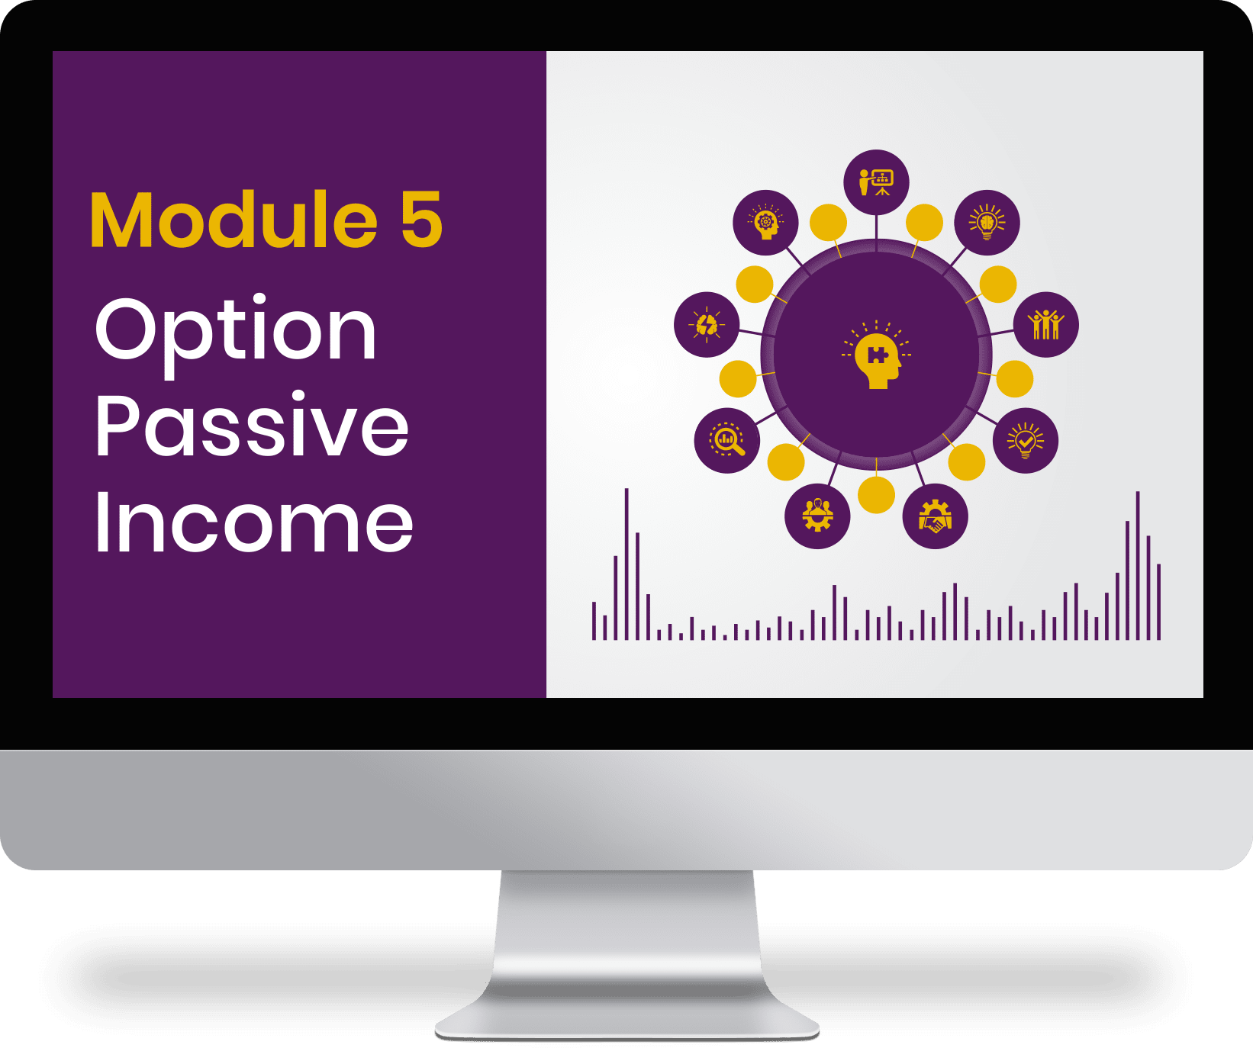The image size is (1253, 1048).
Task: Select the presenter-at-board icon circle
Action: (x=876, y=182)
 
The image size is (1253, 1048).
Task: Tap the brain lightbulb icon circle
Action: (x=987, y=223)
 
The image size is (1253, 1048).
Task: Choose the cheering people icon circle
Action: (x=1045, y=324)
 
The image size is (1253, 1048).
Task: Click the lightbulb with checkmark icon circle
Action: (x=1026, y=440)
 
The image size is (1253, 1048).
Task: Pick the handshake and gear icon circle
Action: (x=935, y=516)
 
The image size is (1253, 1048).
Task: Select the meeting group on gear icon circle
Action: (x=817, y=516)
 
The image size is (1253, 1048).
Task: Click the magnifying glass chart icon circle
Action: (x=727, y=440)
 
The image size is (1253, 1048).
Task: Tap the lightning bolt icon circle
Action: (x=707, y=324)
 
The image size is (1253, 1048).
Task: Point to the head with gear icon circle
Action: (x=766, y=223)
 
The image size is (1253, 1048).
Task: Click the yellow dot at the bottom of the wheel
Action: (x=876, y=495)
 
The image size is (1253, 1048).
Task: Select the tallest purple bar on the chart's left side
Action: (x=626, y=564)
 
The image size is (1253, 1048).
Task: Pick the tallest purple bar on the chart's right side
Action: (x=1138, y=565)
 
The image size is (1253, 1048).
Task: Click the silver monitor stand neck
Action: (x=626, y=931)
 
